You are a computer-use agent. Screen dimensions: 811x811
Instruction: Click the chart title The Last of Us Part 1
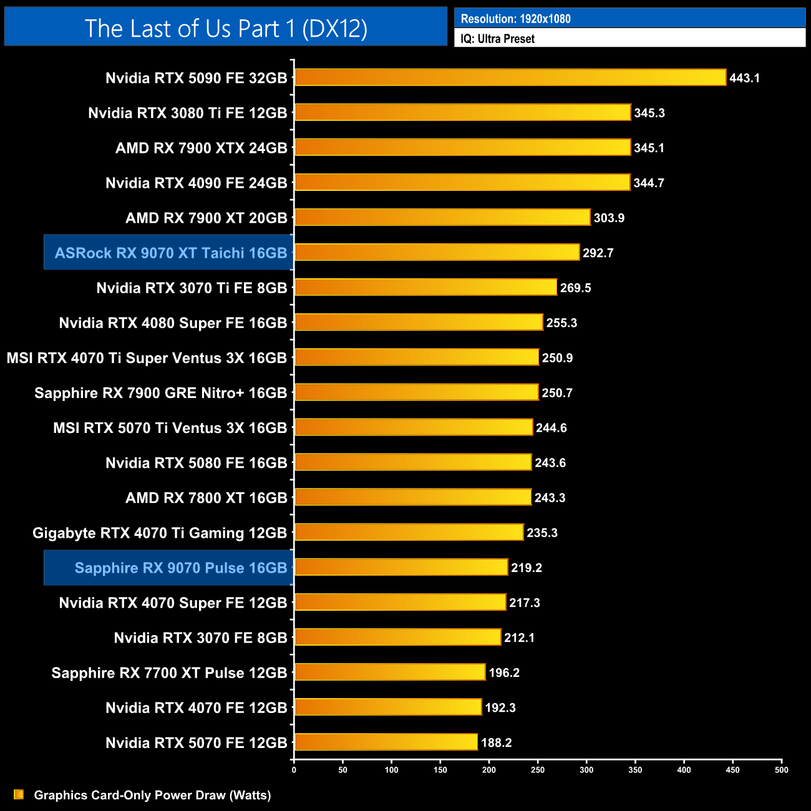(x=226, y=28)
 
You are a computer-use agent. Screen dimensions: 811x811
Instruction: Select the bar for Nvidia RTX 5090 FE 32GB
(x=510, y=78)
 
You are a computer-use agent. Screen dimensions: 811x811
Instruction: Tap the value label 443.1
(x=744, y=79)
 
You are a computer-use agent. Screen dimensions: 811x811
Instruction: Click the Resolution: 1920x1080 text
(x=515, y=19)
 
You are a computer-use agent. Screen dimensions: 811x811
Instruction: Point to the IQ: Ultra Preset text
(x=497, y=39)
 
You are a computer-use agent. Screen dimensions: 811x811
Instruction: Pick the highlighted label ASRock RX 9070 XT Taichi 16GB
(x=170, y=253)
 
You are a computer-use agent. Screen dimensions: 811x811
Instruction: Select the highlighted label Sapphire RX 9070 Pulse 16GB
(x=180, y=568)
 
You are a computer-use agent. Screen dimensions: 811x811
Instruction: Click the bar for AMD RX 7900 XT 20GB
(x=442, y=218)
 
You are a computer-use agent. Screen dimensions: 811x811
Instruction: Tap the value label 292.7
(x=598, y=253)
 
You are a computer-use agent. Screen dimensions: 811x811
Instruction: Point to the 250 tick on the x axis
(x=538, y=770)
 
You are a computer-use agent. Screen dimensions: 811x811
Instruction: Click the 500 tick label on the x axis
(x=781, y=770)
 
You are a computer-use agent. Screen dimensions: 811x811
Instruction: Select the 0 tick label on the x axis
(x=294, y=770)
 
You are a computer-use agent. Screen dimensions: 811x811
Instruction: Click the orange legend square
(x=19, y=794)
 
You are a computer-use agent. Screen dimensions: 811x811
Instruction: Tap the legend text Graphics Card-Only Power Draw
(x=152, y=795)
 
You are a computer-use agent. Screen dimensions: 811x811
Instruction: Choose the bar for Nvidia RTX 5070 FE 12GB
(x=386, y=742)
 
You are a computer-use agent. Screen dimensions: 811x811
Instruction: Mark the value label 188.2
(x=496, y=743)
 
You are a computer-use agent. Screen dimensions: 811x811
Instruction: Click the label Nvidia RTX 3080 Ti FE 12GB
(x=187, y=113)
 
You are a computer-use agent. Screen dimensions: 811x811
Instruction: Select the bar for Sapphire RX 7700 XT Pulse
(x=389, y=673)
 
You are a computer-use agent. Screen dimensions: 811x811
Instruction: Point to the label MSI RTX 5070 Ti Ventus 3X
(x=170, y=428)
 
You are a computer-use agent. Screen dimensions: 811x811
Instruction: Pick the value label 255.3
(x=561, y=323)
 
